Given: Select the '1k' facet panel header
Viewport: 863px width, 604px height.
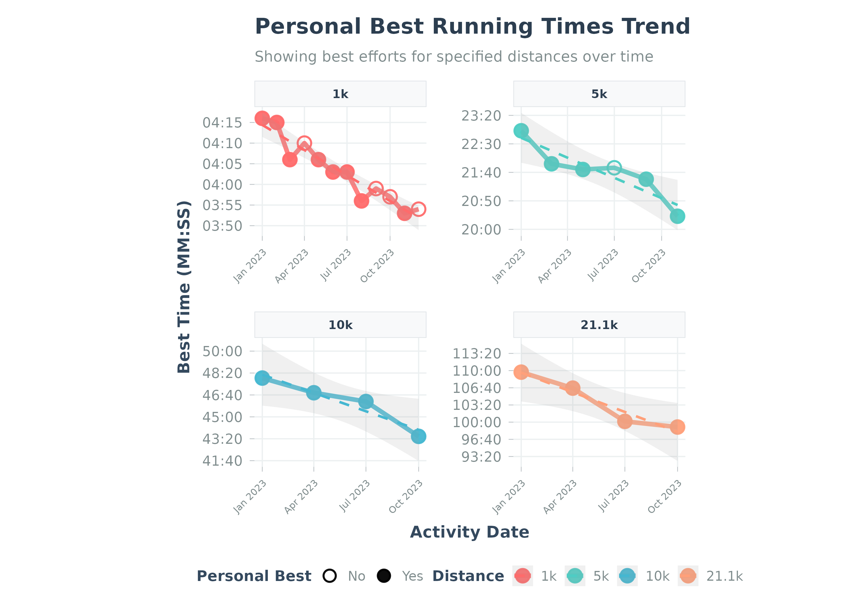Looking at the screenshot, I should pos(340,94).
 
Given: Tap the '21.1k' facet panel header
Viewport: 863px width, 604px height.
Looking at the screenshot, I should pos(599,325).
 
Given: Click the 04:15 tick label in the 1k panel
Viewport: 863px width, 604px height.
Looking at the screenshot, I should pos(222,123).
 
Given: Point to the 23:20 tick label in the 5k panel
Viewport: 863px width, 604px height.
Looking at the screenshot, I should pos(481,116).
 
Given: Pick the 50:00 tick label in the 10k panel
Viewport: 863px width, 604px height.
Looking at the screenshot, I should pos(222,351).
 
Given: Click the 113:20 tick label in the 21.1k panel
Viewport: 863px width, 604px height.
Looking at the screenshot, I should pos(477,354).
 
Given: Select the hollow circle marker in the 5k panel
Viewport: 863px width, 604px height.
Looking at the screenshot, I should pos(614,168).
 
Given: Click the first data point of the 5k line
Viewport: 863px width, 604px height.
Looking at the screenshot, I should pos(521,131).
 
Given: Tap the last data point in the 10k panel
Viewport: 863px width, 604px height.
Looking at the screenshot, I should pos(418,436).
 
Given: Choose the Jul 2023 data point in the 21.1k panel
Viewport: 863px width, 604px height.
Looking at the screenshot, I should pos(625,421).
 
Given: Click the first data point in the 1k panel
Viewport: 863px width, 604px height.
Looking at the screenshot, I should pos(262,118).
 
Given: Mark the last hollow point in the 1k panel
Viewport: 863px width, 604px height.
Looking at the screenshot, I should pos(418,209).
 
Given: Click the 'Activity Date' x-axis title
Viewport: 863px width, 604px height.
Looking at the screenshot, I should pos(469,532).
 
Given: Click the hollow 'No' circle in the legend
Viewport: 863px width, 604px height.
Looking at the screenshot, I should pos(330,576).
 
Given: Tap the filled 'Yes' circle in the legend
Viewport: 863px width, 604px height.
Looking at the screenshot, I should pos(384,576).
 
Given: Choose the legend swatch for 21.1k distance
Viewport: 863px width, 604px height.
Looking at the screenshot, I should pos(688,576).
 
